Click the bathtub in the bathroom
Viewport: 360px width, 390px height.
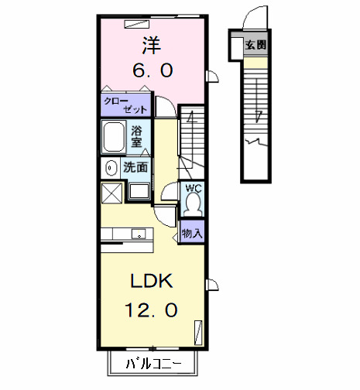click(x=115, y=136)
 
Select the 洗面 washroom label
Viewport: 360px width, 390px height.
click(x=136, y=166)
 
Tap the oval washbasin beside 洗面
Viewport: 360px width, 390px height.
click(x=110, y=166)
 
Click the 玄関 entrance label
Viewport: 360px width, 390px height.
click(x=256, y=45)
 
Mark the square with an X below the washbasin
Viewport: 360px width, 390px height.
click(x=111, y=192)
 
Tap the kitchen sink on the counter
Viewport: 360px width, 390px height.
click(x=138, y=234)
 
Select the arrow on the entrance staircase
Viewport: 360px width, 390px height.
click(x=256, y=116)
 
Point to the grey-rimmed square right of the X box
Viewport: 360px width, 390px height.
click(x=139, y=192)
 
